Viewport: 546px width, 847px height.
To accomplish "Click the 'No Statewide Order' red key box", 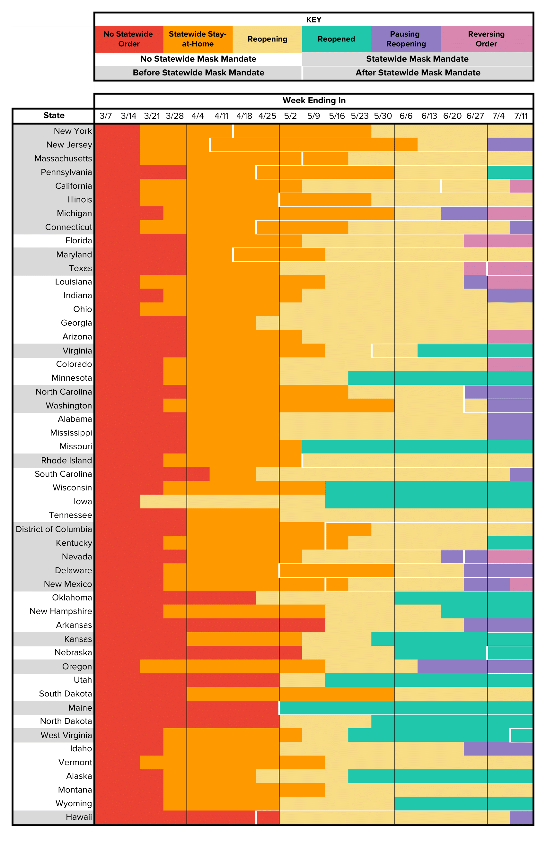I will pyautogui.click(x=129, y=39).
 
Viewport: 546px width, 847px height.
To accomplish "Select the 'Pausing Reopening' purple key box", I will pyautogui.click(x=406, y=39).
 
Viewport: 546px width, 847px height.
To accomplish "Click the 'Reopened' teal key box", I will pyautogui.click(x=336, y=39).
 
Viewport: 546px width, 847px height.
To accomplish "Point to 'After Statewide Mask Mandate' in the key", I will pyautogui.click(x=418, y=73).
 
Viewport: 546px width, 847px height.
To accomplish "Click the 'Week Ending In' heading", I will pyautogui.click(x=314, y=100).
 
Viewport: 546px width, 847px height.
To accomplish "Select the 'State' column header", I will pyautogui.click(x=54, y=116).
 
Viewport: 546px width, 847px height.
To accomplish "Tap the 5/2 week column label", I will pyautogui.click(x=290, y=116).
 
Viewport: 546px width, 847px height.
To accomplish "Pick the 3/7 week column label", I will pyautogui.click(x=106, y=116).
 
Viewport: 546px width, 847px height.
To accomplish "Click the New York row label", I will pyautogui.click(x=73, y=131).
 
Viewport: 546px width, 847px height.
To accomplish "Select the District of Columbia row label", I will pyautogui.click(x=54, y=529).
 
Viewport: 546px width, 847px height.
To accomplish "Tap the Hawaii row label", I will pyautogui.click(x=79, y=817).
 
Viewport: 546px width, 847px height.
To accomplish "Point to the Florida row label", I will pyautogui.click(x=78, y=241).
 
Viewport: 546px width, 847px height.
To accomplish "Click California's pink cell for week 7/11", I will pyautogui.click(x=521, y=186).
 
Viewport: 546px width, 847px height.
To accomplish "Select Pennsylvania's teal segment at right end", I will pyautogui.click(x=509, y=172).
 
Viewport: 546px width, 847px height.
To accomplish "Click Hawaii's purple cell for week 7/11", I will pyautogui.click(x=521, y=817).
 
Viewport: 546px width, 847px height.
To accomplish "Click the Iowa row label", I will pyautogui.click(x=83, y=502).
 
